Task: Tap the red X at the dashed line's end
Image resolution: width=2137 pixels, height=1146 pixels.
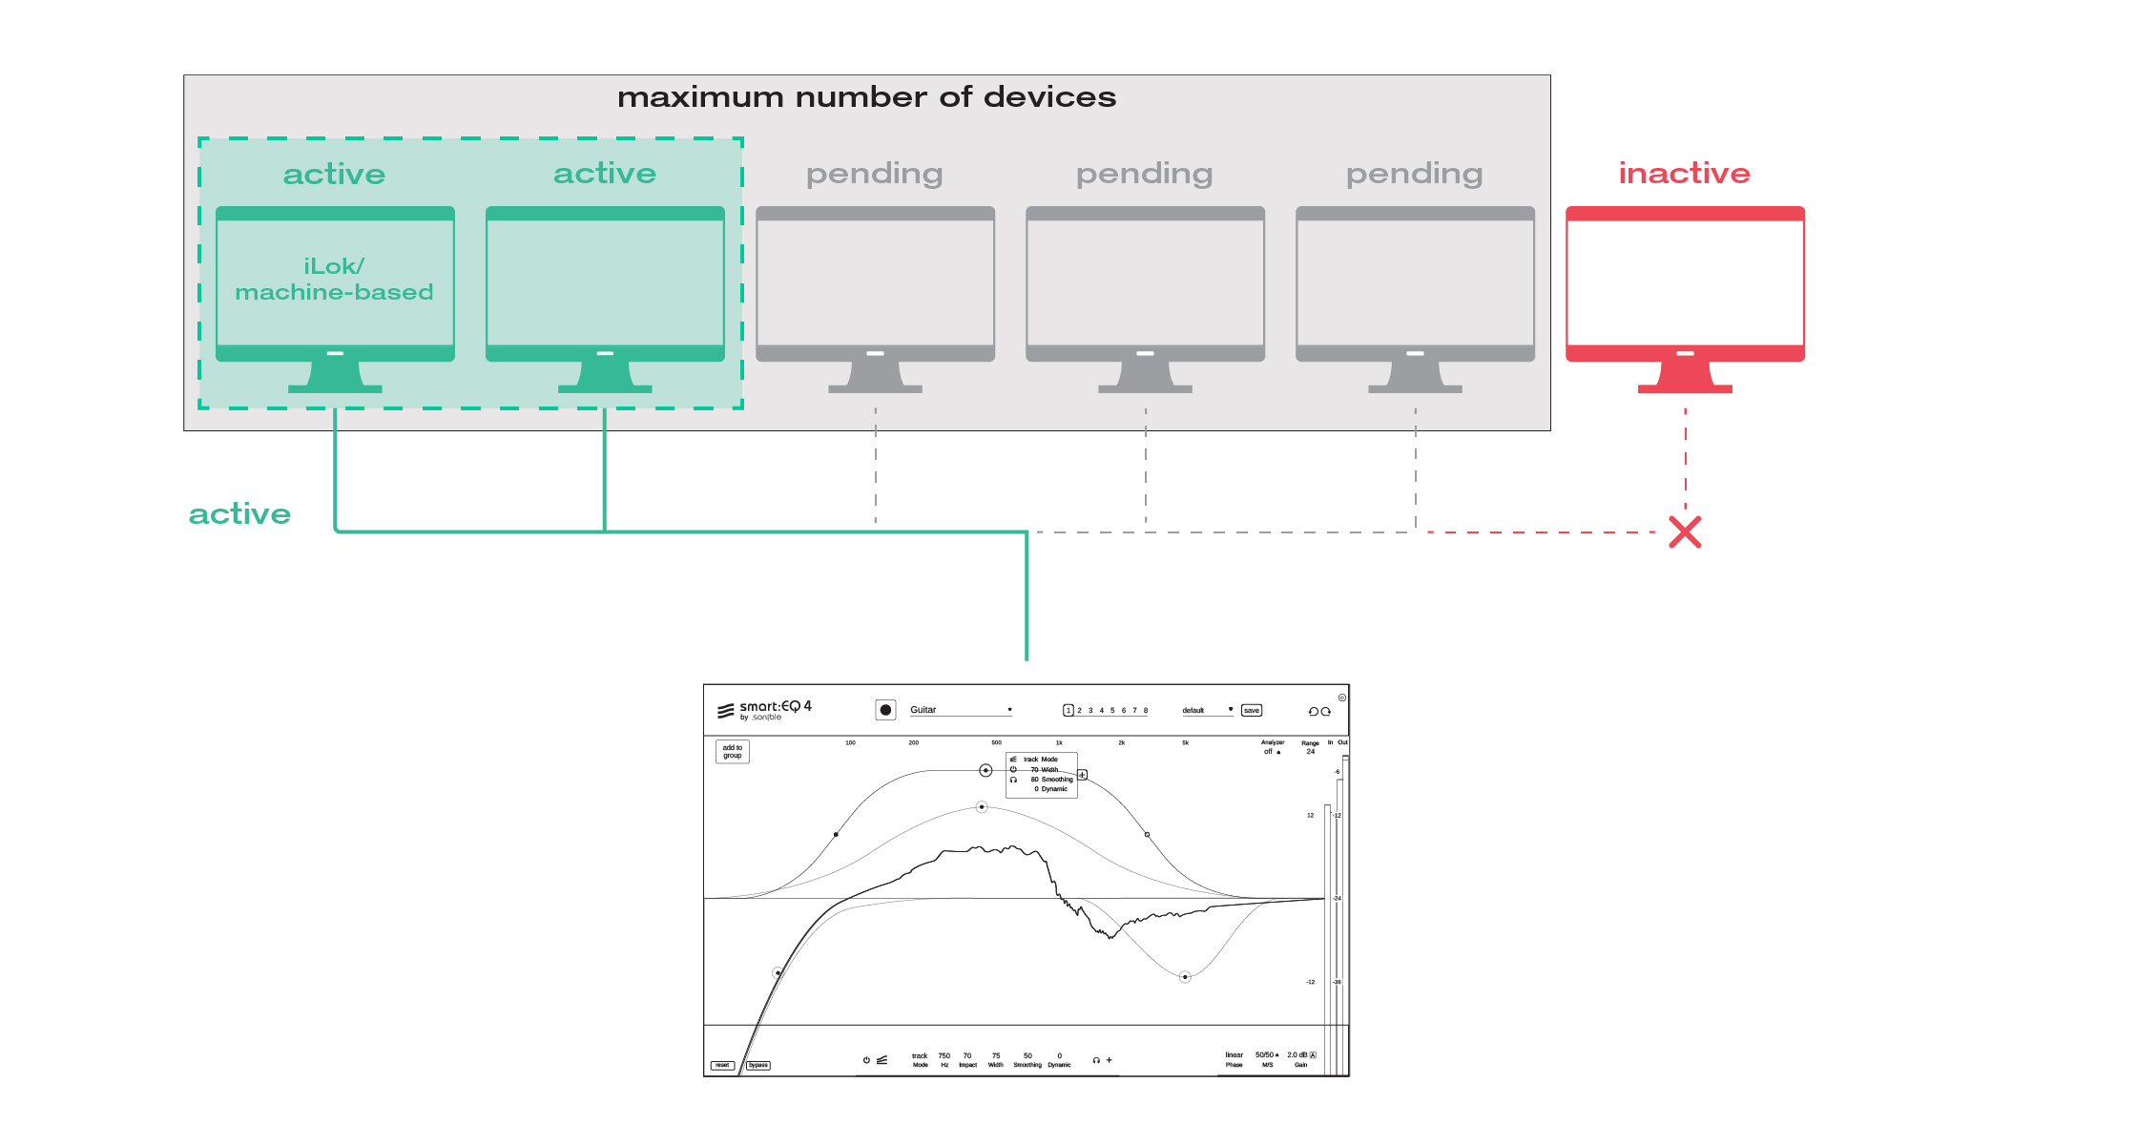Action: pos(1685,532)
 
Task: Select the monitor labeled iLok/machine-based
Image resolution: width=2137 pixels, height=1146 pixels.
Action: pos(335,282)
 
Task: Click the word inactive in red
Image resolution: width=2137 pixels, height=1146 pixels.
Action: pos(1684,173)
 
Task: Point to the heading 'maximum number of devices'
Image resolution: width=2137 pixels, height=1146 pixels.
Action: pos(866,97)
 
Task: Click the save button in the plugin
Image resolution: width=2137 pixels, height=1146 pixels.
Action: pos(1252,711)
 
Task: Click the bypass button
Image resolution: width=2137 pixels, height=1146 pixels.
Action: pos(758,1065)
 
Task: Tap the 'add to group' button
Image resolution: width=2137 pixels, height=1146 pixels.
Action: pos(733,752)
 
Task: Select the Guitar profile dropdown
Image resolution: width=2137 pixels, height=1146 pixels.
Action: pos(960,710)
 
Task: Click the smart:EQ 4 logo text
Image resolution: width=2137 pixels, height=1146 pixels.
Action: pos(774,707)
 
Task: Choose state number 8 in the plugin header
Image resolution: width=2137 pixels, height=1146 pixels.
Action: pos(1146,711)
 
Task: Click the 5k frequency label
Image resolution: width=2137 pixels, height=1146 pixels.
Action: pos(1185,742)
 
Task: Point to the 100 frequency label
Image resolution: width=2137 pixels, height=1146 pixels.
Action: pos(850,742)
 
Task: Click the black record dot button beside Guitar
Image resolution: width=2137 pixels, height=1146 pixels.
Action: pos(885,710)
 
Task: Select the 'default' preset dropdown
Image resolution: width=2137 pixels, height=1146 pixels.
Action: pos(1207,711)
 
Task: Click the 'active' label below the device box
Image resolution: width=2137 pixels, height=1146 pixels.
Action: pos(239,514)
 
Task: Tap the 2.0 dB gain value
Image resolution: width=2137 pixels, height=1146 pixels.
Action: pos(1297,1055)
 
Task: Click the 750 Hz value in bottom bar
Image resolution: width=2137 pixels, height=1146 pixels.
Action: pos(944,1056)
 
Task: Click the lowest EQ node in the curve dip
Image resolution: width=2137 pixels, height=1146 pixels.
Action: pos(1185,977)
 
